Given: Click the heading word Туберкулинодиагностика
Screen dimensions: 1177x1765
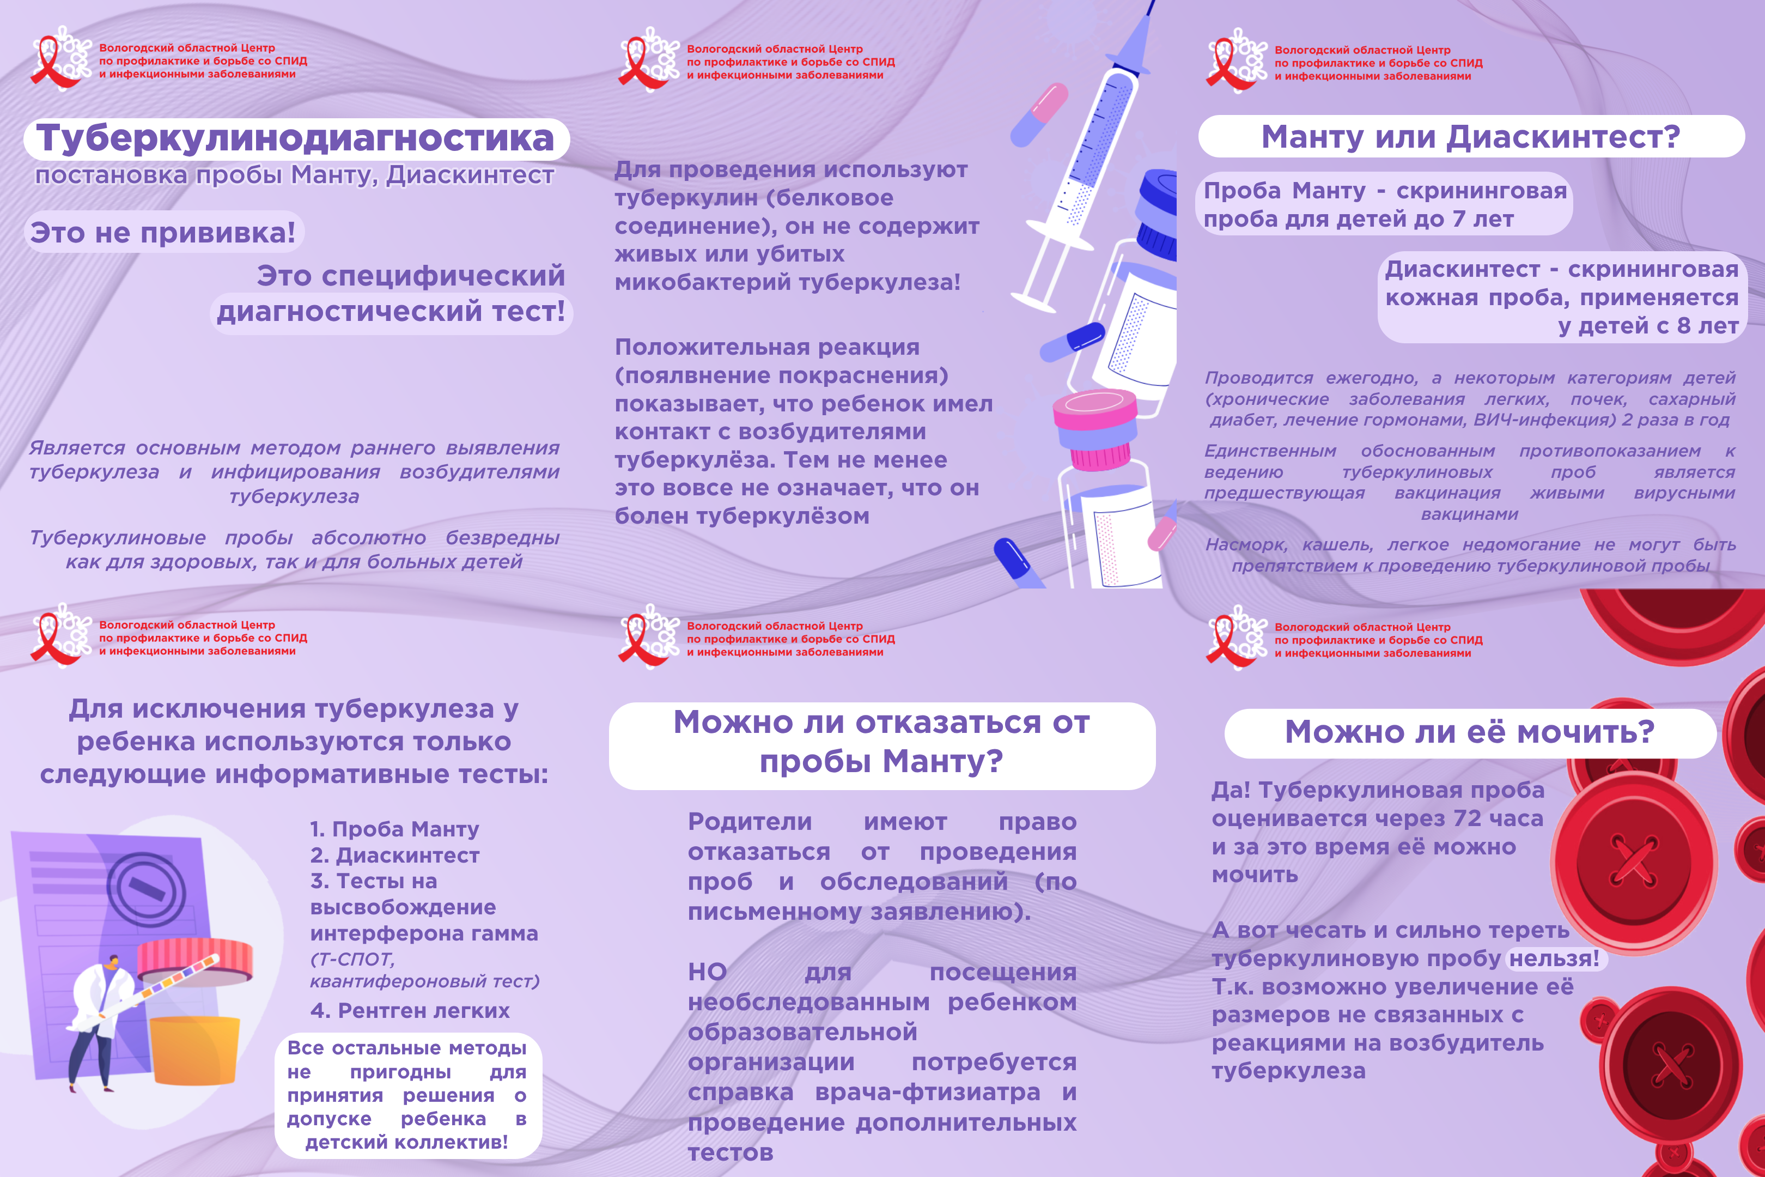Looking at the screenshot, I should (296, 139).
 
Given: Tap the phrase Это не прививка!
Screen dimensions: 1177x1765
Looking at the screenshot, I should (163, 233).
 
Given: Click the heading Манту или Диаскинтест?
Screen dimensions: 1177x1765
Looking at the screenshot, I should (1470, 137).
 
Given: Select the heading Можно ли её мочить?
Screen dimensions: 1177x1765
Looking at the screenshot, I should (1469, 732).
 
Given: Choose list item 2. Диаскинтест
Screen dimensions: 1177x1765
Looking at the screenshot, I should (395, 856).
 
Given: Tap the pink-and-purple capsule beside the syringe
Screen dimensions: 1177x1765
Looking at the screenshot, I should (1039, 114).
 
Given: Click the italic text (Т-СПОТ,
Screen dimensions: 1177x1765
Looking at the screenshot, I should (352, 960).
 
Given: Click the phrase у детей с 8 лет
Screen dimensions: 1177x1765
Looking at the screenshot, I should (1648, 326).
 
